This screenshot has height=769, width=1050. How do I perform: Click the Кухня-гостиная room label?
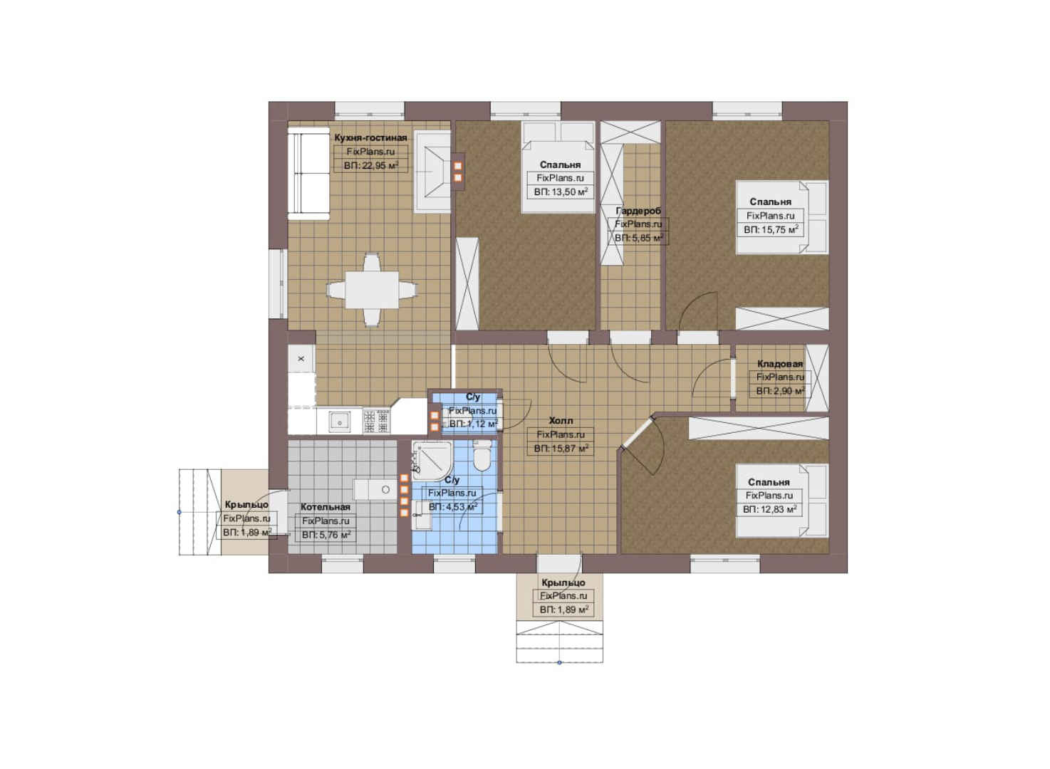[370, 137]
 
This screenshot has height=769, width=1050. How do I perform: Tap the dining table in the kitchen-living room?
[372, 290]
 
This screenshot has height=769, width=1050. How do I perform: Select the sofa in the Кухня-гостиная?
[308, 174]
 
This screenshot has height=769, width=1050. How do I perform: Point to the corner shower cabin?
[431, 460]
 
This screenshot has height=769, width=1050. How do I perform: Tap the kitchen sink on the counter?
[338, 420]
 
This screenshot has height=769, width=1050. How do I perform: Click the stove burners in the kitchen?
[376, 421]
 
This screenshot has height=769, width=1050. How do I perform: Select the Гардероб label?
[638, 211]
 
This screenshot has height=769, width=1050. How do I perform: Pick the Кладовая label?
[780, 364]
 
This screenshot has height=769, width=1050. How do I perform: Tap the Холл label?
[561, 420]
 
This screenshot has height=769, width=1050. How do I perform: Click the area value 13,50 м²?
[561, 192]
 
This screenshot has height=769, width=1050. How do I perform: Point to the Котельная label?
[326, 507]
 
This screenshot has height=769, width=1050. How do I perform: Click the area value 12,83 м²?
[769, 509]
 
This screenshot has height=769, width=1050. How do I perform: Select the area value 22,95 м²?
[371, 165]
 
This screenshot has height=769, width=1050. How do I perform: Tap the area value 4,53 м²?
[452, 507]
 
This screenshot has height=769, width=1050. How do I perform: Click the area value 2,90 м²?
[780, 391]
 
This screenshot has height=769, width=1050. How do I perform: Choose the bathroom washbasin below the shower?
[422, 515]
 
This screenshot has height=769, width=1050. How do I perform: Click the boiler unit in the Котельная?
[375, 490]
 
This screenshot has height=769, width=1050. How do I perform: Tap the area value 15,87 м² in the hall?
[561, 449]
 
